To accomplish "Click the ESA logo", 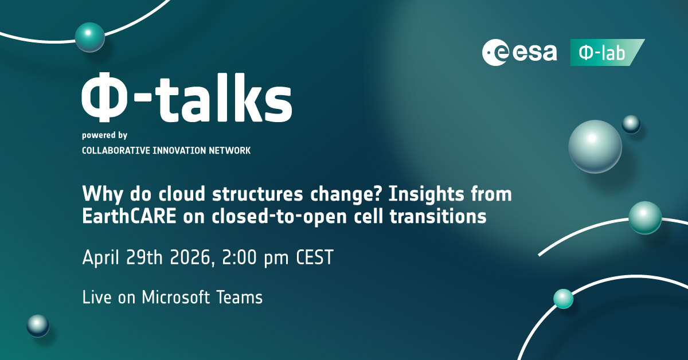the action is (519, 52).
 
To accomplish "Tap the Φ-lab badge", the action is (607, 52).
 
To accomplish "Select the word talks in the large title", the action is (225, 97).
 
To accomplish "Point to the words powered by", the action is (104, 135).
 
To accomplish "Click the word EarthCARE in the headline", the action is (130, 216).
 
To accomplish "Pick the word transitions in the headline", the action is (438, 216).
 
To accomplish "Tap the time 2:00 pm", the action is (255, 257).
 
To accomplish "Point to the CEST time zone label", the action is (315, 257).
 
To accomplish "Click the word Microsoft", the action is (176, 298).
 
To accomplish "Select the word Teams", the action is (240, 298).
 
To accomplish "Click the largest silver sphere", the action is (595, 147).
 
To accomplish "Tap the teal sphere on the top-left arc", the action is (90, 37).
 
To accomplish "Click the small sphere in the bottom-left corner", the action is (38, 326).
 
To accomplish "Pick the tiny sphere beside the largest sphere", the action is (631, 124).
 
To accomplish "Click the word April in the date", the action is (101, 258).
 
